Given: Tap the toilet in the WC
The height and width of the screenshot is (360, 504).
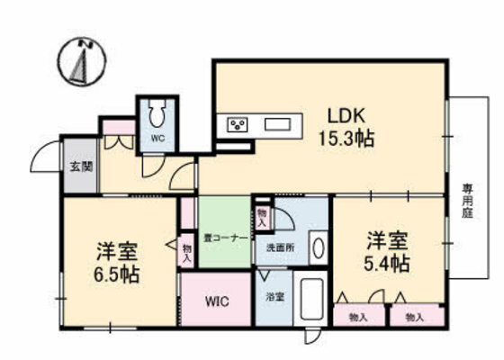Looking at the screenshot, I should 158,114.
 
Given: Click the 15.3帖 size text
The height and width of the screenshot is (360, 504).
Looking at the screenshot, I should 346,139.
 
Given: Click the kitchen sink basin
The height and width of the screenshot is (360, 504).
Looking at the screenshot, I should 276,124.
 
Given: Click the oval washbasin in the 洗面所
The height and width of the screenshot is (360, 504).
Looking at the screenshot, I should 317,248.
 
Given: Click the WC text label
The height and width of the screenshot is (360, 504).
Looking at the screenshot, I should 157,139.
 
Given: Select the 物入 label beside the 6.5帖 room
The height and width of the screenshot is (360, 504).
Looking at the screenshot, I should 187,253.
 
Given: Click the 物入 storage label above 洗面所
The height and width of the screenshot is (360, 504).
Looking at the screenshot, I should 262,216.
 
